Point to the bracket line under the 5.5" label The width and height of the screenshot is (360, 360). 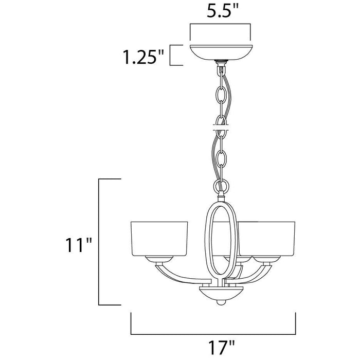tap(221, 24)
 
